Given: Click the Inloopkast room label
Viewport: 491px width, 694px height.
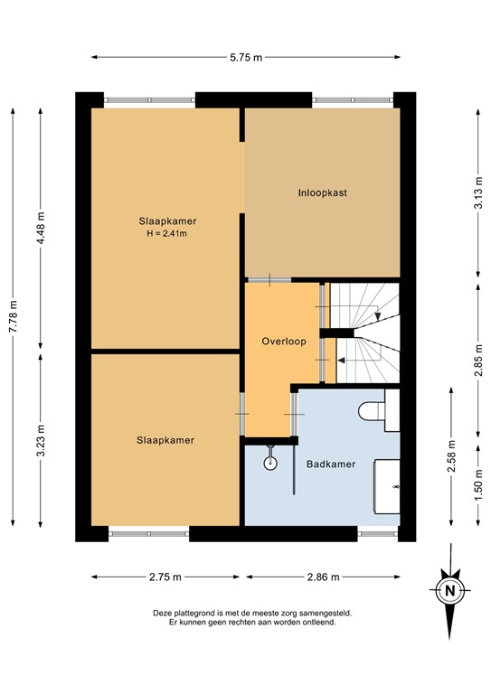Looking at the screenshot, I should click(x=323, y=192).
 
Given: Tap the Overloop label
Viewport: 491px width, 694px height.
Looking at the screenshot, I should click(x=284, y=342).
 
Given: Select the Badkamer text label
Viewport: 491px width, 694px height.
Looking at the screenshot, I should click(x=329, y=464).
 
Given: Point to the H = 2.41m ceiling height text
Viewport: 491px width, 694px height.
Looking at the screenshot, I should click(x=167, y=234).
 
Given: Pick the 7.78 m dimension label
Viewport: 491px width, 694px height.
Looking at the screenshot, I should click(x=13, y=317).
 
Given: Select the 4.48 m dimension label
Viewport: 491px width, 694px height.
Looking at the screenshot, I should click(x=42, y=228).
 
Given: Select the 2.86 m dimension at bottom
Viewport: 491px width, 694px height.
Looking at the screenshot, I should click(x=322, y=576).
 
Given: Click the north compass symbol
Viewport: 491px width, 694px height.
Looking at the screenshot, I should click(x=449, y=591).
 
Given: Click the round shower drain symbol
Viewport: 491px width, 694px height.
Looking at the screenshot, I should click(x=269, y=464).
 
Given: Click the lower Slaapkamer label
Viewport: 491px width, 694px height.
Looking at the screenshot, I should click(x=165, y=440).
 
